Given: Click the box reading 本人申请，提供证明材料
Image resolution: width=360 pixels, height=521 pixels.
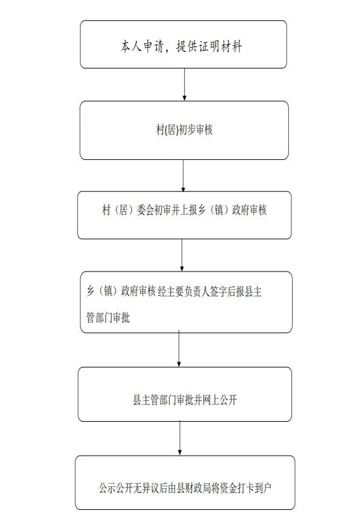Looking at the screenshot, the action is [x=183, y=44].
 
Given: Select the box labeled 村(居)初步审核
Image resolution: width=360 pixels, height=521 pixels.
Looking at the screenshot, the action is [x=184, y=131].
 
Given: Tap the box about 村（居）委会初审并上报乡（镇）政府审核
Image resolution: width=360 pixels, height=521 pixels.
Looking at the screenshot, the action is [x=184, y=215].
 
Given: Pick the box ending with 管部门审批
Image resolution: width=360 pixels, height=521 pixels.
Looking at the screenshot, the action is [x=186, y=302].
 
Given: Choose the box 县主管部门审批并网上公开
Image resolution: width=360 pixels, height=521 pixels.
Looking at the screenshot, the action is [x=185, y=394].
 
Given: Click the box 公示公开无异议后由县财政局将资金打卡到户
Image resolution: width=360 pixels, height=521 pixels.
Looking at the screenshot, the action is [x=185, y=482].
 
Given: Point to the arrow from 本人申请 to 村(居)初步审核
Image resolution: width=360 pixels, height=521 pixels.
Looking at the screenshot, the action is [x=184, y=84].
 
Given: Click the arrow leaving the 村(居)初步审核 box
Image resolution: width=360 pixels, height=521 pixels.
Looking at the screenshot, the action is [x=183, y=176].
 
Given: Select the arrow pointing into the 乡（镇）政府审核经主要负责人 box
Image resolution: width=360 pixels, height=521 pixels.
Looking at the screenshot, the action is [x=182, y=255].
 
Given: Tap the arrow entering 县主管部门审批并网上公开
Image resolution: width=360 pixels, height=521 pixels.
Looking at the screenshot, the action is [x=179, y=348].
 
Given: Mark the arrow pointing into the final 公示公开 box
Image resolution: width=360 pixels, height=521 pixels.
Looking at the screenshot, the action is [x=180, y=438].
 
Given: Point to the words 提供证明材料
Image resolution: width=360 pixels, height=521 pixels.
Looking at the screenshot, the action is [x=209, y=46].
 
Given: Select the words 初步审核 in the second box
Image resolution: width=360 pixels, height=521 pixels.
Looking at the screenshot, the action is [x=195, y=129].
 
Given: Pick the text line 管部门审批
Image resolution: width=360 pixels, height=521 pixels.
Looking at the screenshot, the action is [x=108, y=317].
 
